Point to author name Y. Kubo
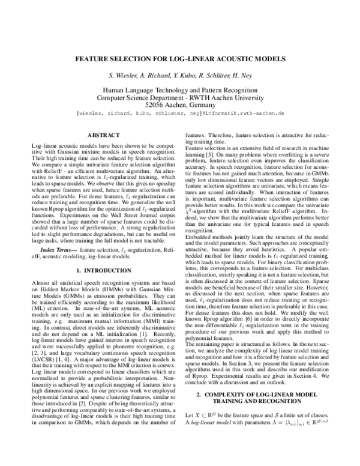pos(183,77)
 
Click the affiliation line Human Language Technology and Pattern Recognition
pos(180,89)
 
